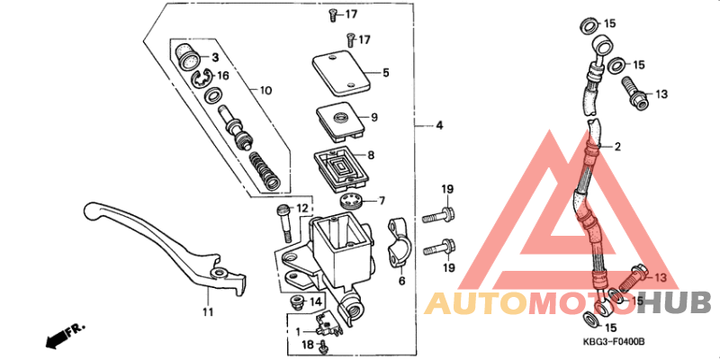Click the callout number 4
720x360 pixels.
439,125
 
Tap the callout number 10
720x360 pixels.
265,91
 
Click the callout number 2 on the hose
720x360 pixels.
618,145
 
